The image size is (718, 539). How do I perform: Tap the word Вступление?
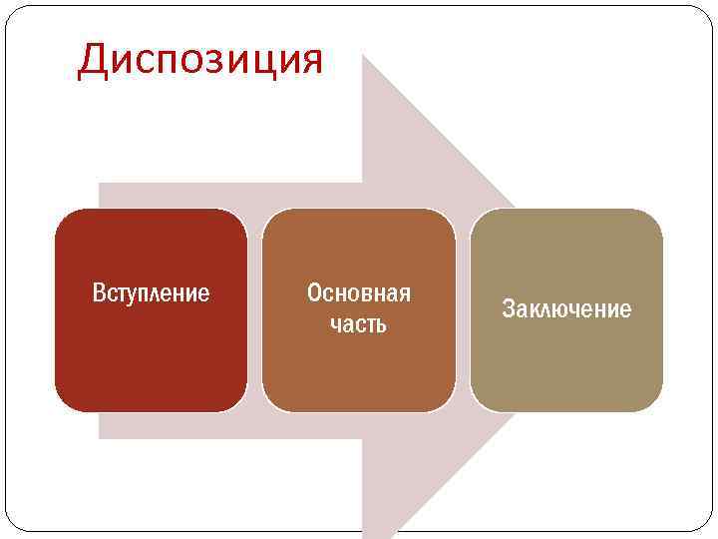pyautogui.click(x=151, y=293)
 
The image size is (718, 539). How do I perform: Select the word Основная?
pyautogui.click(x=359, y=293)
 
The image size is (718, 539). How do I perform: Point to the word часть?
pyautogui.click(x=359, y=325)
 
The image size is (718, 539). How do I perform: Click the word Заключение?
pyautogui.click(x=566, y=309)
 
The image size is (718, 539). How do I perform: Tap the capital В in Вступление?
pyautogui.click(x=99, y=293)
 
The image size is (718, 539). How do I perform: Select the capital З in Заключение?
pyautogui.click(x=508, y=309)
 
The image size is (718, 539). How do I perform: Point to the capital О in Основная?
pyautogui.click(x=314, y=293)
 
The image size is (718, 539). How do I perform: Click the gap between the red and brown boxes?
pyautogui.click(x=254, y=310)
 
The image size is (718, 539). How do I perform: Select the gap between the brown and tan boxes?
pyautogui.click(x=463, y=310)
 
